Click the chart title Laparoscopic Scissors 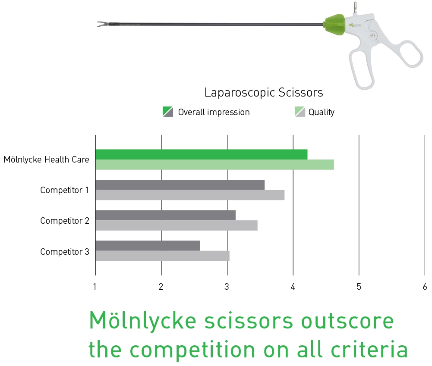[x=263, y=93]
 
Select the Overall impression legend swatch [x=168, y=112]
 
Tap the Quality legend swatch [x=300, y=112]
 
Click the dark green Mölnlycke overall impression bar [x=202, y=154]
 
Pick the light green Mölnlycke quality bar [x=214, y=165]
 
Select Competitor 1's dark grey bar [x=180, y=185]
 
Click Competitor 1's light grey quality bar [x=190, y=195]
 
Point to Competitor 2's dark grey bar [x=166, y=215]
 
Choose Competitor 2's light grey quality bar [x=177, y=225]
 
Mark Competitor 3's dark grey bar [x=148, y=246]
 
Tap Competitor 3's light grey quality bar [x=162, y=256]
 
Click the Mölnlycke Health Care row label [x=46, y=160]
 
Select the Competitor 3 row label [x=65, y=252]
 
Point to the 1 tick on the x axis [x=95, y=287]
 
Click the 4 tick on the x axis [x=293, y=287]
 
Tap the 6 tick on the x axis [x=425, y=287]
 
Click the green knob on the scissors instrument [x=335, y=25]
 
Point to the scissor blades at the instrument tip [x=103, y=24]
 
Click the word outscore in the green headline [x=347, y=321]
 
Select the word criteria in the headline [x=369, y=350]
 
